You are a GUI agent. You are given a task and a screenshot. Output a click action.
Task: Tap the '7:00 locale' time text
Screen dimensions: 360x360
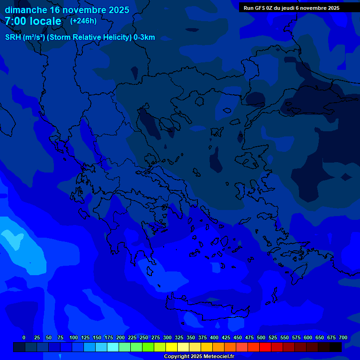33,21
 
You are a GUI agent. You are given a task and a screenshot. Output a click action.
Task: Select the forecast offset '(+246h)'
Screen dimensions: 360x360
83,21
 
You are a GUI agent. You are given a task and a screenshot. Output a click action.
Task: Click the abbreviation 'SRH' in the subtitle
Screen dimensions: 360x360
13,37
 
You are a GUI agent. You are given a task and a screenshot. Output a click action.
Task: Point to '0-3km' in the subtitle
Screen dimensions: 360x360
144,37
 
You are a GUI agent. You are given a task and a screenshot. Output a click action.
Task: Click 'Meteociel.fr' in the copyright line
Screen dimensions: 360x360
215,357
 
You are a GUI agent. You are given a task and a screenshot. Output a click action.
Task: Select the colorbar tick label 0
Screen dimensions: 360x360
24,337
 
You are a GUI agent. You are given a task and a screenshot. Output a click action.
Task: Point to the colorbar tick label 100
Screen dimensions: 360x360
74,337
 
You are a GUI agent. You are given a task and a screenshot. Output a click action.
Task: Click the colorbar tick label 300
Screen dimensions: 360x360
167,337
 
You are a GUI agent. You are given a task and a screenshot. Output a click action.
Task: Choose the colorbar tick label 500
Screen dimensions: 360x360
261,337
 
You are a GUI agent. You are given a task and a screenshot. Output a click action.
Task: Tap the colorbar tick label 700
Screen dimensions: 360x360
343,337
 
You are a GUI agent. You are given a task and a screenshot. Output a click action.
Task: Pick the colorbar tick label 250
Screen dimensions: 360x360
144,337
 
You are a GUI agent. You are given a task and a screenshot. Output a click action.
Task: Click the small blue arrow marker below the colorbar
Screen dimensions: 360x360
60,357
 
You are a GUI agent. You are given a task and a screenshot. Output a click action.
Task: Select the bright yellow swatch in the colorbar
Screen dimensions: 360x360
172,347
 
